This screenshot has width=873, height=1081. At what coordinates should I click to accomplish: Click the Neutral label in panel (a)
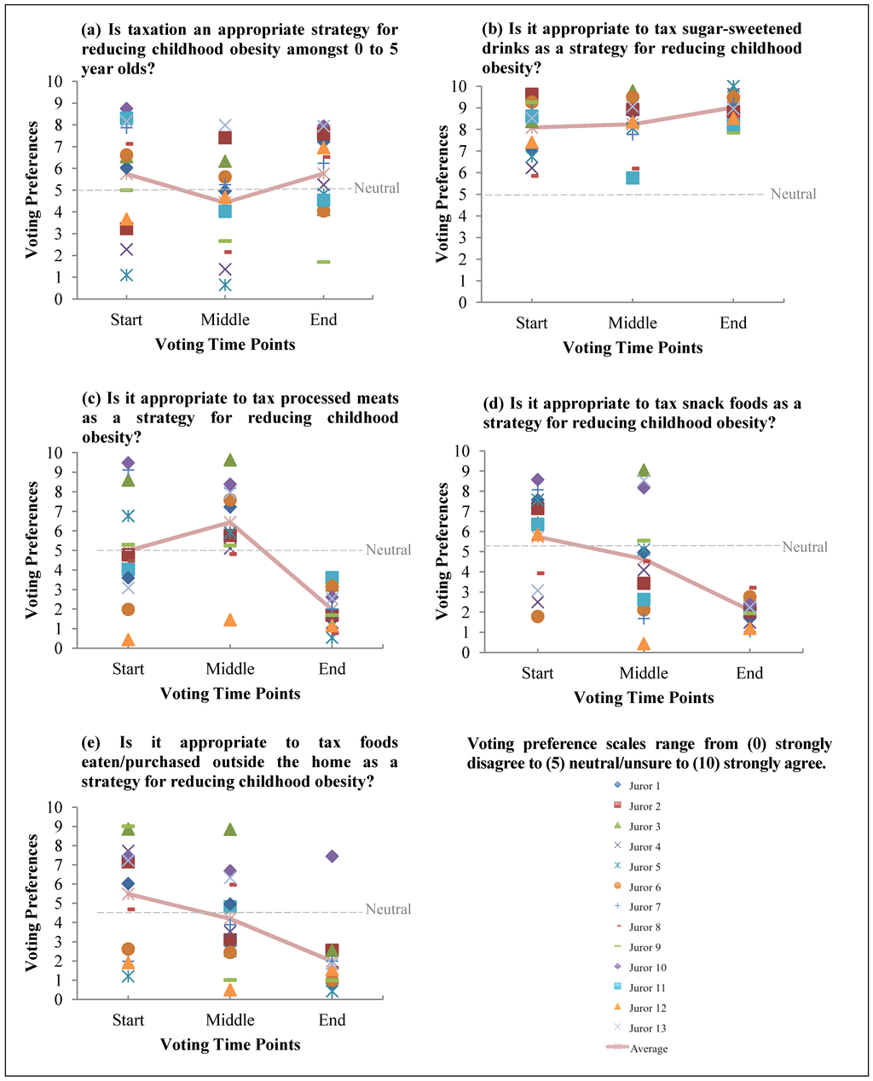(376, 189)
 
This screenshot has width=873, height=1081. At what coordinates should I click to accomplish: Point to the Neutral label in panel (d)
(805, 547)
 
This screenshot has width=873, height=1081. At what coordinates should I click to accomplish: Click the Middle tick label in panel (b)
(633, 323)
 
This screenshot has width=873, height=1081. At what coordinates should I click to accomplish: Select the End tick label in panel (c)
(332, 669)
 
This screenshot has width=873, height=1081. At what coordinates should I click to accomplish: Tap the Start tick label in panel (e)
(128, 1020)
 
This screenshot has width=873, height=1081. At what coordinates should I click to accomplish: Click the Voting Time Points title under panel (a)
(225, 345)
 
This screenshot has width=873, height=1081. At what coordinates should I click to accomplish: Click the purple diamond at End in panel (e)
(332, 856)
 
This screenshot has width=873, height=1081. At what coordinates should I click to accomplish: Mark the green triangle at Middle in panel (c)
(230, 460)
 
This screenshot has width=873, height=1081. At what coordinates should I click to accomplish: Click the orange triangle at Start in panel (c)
(128, 639)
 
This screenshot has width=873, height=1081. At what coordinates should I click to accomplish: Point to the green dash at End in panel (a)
(324, 262)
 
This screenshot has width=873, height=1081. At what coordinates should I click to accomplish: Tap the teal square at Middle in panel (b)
(633, 177)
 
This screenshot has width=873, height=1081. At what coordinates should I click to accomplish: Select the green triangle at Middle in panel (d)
(644, 470)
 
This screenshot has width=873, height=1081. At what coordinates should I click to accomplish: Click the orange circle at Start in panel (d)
(538, 616)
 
